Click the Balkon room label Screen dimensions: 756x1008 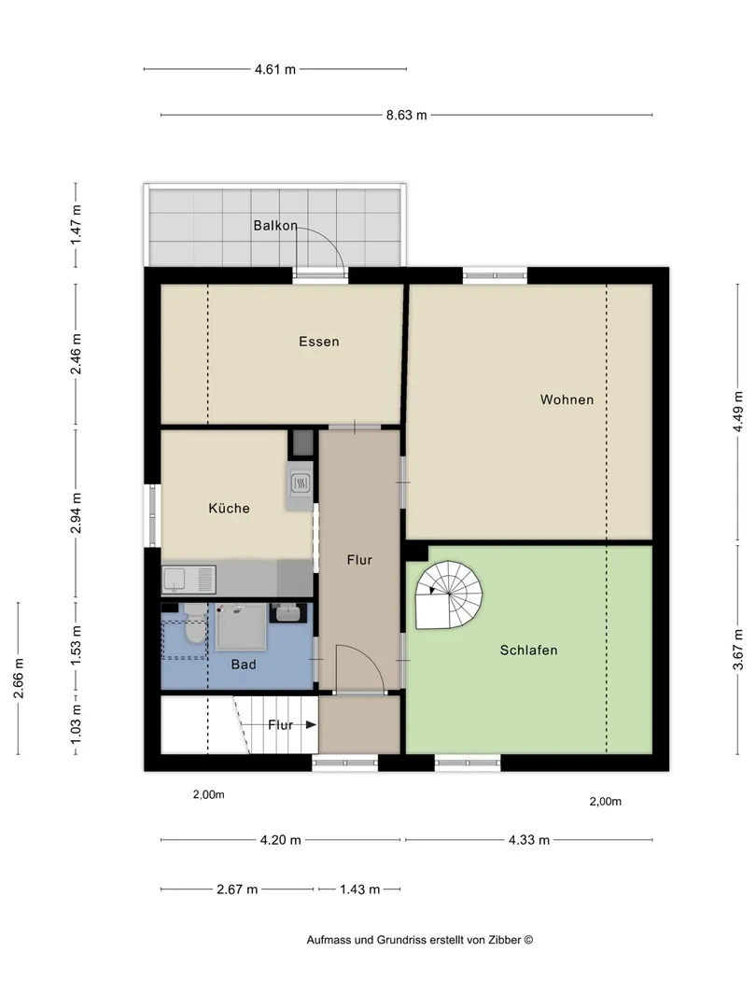[275, 226]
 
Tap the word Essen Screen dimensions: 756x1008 [319, 342]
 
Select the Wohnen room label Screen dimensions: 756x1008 [567, 399]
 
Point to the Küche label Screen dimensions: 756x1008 [229, 508]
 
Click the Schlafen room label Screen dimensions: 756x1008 [528, 650]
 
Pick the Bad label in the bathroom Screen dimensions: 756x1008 [244, 665]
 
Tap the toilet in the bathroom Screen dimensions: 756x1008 [193, 624]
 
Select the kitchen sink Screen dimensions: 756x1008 [189, 580]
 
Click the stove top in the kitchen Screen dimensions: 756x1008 [301, 483]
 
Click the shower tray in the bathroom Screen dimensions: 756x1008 [241, 627]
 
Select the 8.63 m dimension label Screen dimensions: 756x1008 [406, 116]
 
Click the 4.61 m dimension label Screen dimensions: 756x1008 [275, 69]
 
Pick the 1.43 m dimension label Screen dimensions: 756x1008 [360, 889]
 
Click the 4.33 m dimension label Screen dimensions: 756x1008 [529, 840]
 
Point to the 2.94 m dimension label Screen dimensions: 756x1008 [77, 513]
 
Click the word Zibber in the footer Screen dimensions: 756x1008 [504, 940]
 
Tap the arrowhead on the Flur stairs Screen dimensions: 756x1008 [311, 725]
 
